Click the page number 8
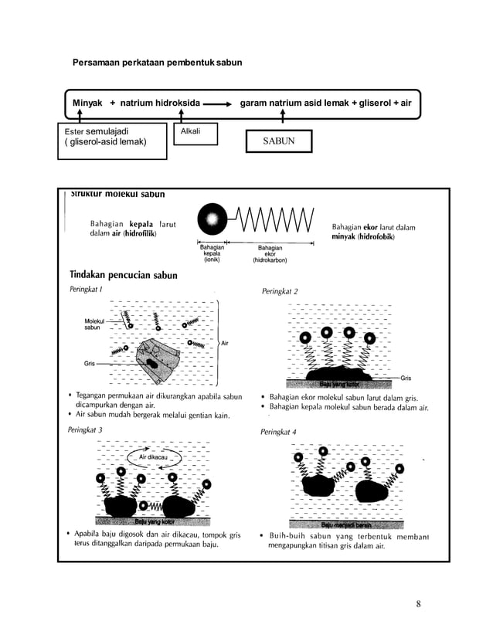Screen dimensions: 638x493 [418, 603]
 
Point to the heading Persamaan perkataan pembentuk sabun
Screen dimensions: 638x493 [157, 61]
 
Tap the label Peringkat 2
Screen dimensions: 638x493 [280, 291]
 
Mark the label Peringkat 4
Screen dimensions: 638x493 [279, 433]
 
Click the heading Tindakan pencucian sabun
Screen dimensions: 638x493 [124, 275]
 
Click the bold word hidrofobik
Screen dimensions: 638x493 [375, 236]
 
